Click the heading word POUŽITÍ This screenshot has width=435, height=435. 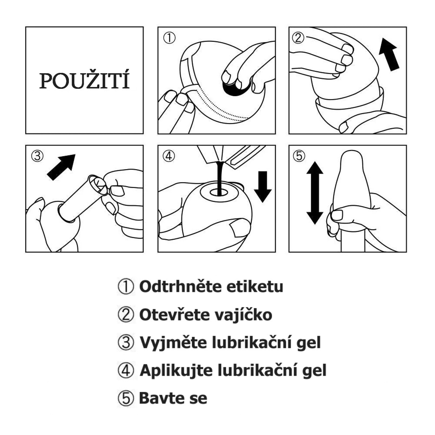84,79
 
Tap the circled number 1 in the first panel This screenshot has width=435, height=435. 169,38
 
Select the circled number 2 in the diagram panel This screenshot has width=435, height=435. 298,38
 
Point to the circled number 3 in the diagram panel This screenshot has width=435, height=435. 37,156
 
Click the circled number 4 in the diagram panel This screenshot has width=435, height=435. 169,156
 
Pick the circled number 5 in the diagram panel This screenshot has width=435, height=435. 299,156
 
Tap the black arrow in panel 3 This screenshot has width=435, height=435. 61,167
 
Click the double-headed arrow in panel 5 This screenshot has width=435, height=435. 315,193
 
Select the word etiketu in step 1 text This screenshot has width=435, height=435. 254,286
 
